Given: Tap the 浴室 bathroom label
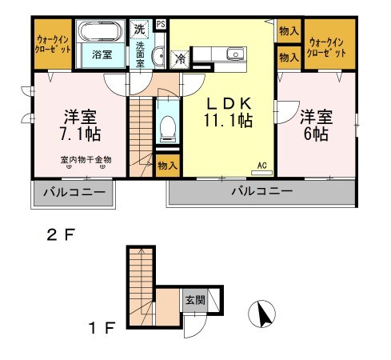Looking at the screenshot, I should click(101, 54).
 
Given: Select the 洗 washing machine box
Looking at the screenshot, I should click(140, 29).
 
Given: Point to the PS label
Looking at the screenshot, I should click(161, 23).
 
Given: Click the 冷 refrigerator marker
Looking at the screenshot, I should click(182, 58).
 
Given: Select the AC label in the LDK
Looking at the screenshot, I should click(261, 166).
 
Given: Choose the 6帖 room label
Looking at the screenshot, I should click(315, 125).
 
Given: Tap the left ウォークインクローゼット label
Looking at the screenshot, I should click(54, 44).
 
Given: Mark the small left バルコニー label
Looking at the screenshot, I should click(72, 193).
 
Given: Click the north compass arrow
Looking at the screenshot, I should click(261, 314).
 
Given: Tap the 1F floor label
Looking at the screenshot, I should click(106, 328).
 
